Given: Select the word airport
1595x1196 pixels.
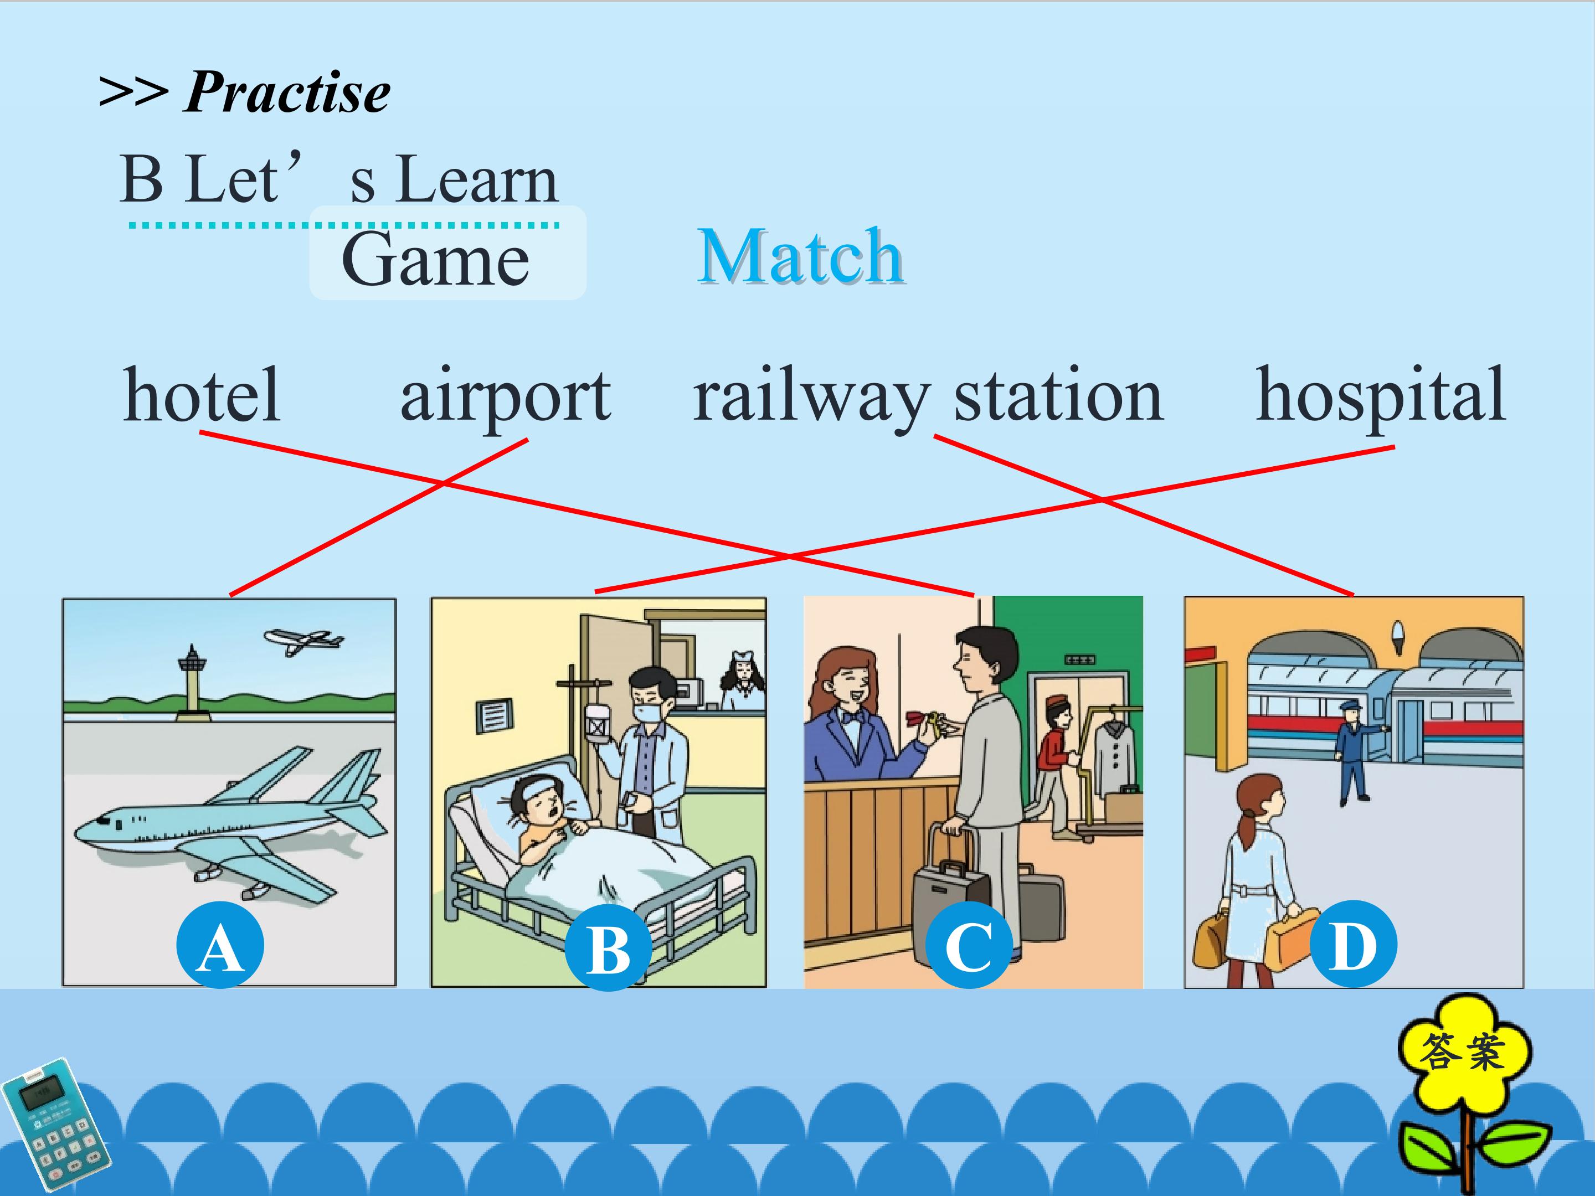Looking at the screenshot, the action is tap(506, 399).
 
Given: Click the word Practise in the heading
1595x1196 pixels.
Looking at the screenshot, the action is tap(287, 92).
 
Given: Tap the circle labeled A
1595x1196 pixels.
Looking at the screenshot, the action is tap(220, 945).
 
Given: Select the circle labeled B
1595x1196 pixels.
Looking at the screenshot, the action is tap(608, 947).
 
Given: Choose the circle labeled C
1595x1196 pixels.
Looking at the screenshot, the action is tap(969, 945).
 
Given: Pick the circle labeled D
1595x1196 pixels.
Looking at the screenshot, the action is tap(1353, 945).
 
